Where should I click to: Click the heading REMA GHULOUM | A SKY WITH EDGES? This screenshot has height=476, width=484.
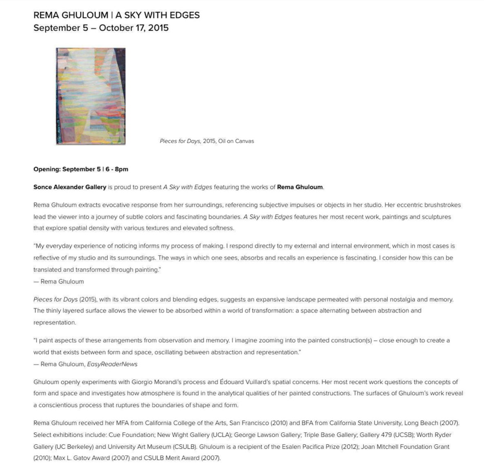click(116, 15)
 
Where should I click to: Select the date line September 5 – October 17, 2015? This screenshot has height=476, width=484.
click(101, 28)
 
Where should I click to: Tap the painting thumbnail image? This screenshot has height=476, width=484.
click(91, 96)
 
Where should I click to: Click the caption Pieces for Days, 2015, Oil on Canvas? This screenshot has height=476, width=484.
click(206, 141)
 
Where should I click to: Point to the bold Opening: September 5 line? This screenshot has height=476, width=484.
click(81, 169)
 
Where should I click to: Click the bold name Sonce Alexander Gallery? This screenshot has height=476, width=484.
click(70, 187)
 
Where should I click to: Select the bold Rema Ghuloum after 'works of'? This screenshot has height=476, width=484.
click(300, 187)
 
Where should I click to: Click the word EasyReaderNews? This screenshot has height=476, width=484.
click(112, 364)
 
